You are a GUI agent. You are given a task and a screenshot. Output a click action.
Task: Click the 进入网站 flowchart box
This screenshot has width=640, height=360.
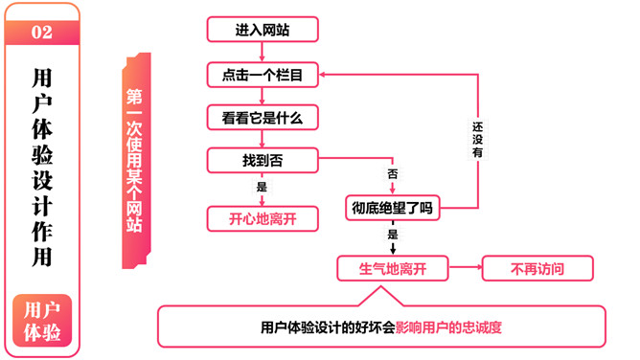pyautogui.click(x=263, y=30)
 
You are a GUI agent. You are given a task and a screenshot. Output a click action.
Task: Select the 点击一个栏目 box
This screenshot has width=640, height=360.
pyautogui.click(x=263, y=75)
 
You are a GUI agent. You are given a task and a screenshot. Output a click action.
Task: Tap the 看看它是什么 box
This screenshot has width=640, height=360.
pyautogui.click(x=263, y=118)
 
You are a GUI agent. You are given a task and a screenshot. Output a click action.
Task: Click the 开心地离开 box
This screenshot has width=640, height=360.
pyautogui.click(x=263, y=219)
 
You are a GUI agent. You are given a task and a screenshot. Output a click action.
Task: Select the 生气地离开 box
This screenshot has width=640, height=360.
pyautogui.click(x=393, y=269)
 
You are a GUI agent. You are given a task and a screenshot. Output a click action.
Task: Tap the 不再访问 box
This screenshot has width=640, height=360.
pyautogui.click(x=537, y=269)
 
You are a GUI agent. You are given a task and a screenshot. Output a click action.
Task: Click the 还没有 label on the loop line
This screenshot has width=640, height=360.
pyautogui.click(x=477, y=138)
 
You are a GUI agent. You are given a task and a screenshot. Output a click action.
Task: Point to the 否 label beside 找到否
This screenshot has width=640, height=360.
pyautogui.click(x=392, y=174)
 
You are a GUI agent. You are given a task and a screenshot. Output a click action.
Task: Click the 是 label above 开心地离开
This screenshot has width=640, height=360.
pyautogui.click(x=262, y=189)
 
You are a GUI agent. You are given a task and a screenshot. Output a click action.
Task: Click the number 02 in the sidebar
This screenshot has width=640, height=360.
pyautogui.click(x=42, y=33)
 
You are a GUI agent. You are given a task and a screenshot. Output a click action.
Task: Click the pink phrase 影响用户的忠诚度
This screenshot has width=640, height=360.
pyautogui.click(x=449, y=326)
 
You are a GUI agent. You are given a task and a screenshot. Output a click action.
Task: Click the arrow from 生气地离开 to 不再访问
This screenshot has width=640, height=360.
pyautogui.click(x=465, y=269)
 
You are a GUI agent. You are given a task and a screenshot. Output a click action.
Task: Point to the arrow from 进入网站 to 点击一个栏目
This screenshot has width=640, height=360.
pyautogui.click(x=262, y=52)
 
